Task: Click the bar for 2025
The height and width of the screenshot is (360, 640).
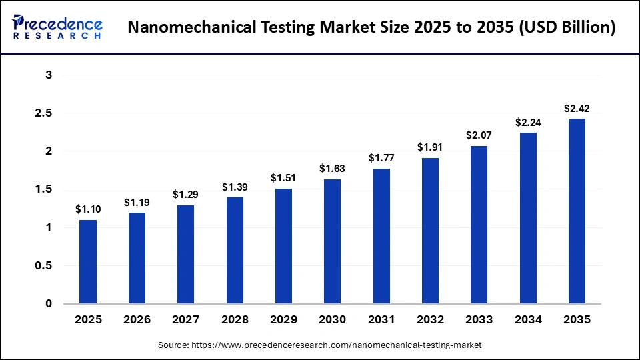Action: point(88,262)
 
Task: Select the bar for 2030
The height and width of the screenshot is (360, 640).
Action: point(333,241)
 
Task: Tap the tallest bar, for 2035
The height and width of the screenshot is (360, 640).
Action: point(577,211)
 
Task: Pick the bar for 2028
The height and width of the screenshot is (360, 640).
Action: point(235,251)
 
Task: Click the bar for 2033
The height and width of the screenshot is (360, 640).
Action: point(479,225)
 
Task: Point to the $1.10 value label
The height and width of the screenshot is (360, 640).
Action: point(88,209)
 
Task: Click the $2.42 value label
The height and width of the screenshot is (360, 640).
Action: point(577,108)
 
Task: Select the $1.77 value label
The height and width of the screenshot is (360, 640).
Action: point(381,158)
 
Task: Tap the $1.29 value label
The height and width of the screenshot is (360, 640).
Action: point(186,195)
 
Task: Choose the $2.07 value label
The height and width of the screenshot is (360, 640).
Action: point(479,135)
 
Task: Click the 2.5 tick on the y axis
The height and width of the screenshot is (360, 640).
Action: point(44,113)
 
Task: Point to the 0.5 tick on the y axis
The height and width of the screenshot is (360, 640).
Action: point(44,266)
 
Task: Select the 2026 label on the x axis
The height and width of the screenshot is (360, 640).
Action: point(137,320)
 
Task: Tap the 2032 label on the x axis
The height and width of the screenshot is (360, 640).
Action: point(430,320)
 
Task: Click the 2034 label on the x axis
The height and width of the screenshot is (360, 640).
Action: point(528,320)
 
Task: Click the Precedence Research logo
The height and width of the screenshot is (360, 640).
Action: point(57,27)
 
